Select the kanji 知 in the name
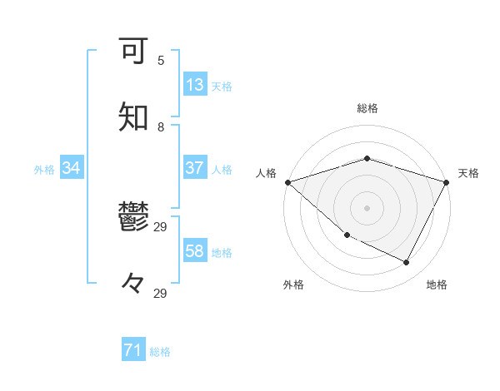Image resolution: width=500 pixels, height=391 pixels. pyautogui.click(x=134, y=117)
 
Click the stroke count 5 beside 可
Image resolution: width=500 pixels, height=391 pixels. pyautogui.click(x=161, y=61)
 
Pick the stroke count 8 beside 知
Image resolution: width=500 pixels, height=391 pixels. pyautogui.click(x=161, y=127)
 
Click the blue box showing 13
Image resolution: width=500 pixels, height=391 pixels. pyautogui.click(x=194, y=84)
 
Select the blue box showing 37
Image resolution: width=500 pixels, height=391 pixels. pyautogui.click(x=194, y=168)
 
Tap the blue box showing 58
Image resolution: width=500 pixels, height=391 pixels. pyautogui.click(x=194, y=250)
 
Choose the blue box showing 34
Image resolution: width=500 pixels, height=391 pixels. pyautogui.click(x=71, y=168)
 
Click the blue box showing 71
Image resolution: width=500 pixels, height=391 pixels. pyautogui.click(x=132, y=350)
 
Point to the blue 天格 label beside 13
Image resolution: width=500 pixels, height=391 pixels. pyautogui.click(x=222, y=86)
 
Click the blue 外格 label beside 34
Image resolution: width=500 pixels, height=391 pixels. pyautogui.click(x=44, y=170)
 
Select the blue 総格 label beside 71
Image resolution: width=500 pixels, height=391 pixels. pyautogui.click(x=160, y=352)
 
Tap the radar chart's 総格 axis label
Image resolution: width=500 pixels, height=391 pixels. pyautogui.click(x=367, y=108)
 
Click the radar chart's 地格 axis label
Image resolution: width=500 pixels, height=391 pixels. pyautogui.click(x=437, y=285)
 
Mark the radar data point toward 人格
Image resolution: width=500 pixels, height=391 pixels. pyautogui.click(x=287, y=182)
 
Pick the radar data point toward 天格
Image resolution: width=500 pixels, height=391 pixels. pyautogui.click(x=447, y=182)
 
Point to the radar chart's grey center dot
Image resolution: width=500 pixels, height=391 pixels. pyautogui.click(x=367, y=207)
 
